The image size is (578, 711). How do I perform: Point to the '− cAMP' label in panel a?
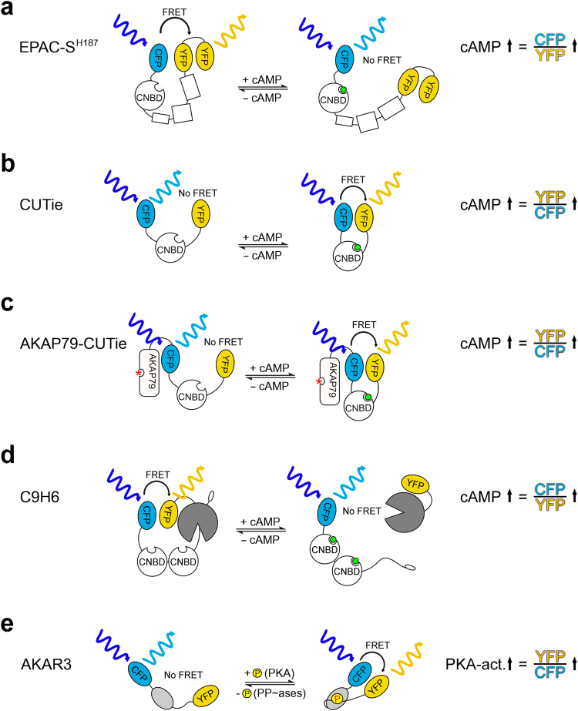click(268, 98)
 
